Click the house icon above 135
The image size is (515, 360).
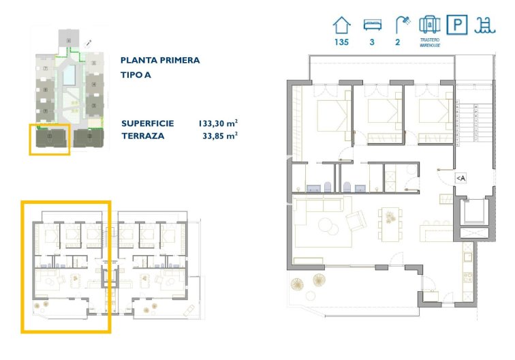342,25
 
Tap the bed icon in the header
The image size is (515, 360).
372,25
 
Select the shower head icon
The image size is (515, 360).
402,25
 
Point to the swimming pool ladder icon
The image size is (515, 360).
485,25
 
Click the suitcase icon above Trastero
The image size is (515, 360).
429,25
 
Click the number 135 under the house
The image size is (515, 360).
342,42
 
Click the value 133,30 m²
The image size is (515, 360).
217,123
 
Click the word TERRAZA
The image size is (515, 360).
144,136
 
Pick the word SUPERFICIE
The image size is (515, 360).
148,123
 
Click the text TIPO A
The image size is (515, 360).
136,75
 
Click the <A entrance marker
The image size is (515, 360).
461,178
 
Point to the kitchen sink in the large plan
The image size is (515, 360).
467,258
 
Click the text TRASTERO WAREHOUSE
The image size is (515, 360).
429,42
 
